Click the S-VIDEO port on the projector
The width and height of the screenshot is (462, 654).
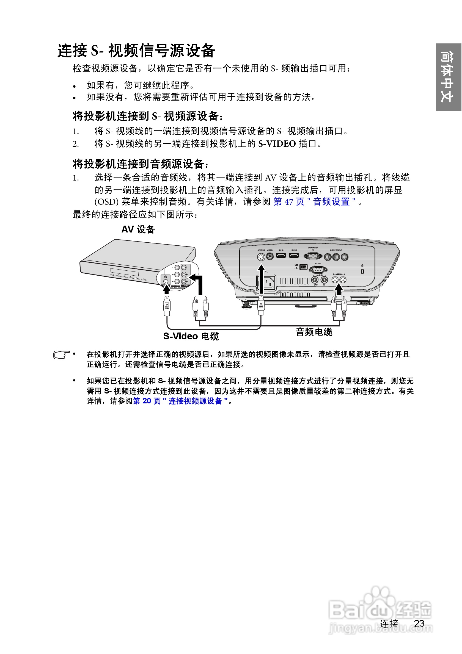point(261,257)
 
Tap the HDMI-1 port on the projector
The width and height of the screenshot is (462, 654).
point(281,255)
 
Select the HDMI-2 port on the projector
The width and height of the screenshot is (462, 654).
point(294,255)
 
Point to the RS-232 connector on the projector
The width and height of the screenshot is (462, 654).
point(318,270)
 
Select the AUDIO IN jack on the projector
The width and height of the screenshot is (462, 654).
point(324,280)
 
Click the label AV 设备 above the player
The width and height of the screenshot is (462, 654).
point(138,229)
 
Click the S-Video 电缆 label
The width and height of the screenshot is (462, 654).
point(191,336)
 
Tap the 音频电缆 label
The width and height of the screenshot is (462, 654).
point(314,332)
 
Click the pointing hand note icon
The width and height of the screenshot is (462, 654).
point(61,355)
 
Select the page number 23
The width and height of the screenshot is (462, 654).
point(419,624)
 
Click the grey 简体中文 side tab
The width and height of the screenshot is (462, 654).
point(448,77)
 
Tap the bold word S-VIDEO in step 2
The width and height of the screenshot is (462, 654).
point(277,144)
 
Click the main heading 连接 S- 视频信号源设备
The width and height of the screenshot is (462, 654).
point(136,51)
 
